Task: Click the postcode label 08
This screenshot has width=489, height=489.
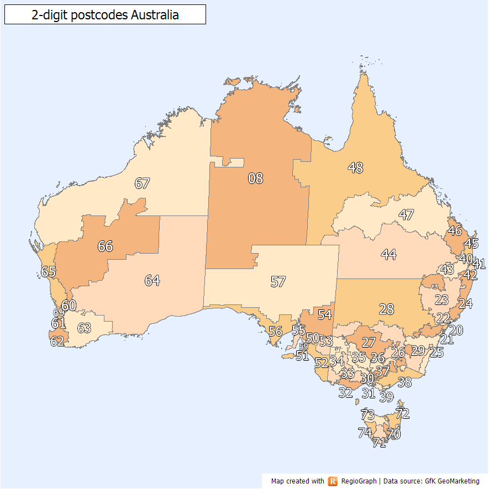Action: click(255, 178)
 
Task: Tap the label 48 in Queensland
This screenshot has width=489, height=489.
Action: click(355, 167)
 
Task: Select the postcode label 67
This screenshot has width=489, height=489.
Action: click(143, 183)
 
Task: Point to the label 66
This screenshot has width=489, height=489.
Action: click(105, 246)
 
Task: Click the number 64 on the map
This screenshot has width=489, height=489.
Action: click(152, 281)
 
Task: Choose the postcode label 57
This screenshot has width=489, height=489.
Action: click(278, 282)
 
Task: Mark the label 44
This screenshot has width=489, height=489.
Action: click(388, 255)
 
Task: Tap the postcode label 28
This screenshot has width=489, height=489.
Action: click(386, 309)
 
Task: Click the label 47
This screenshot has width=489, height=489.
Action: click(406, 215)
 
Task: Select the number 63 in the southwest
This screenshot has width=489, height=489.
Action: click(84, 328)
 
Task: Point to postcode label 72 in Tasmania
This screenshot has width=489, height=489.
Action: click(402, 413)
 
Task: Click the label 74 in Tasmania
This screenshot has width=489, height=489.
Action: click(365, 433)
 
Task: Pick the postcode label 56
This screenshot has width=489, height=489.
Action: click(275, 332)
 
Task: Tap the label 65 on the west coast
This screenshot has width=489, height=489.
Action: click(49, 272)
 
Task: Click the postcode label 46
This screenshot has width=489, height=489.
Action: click(455, 230)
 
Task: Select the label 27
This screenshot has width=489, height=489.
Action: click(369, 342)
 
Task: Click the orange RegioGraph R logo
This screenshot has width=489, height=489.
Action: click(333, 481)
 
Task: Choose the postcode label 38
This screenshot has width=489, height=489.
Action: click(404, 382)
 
